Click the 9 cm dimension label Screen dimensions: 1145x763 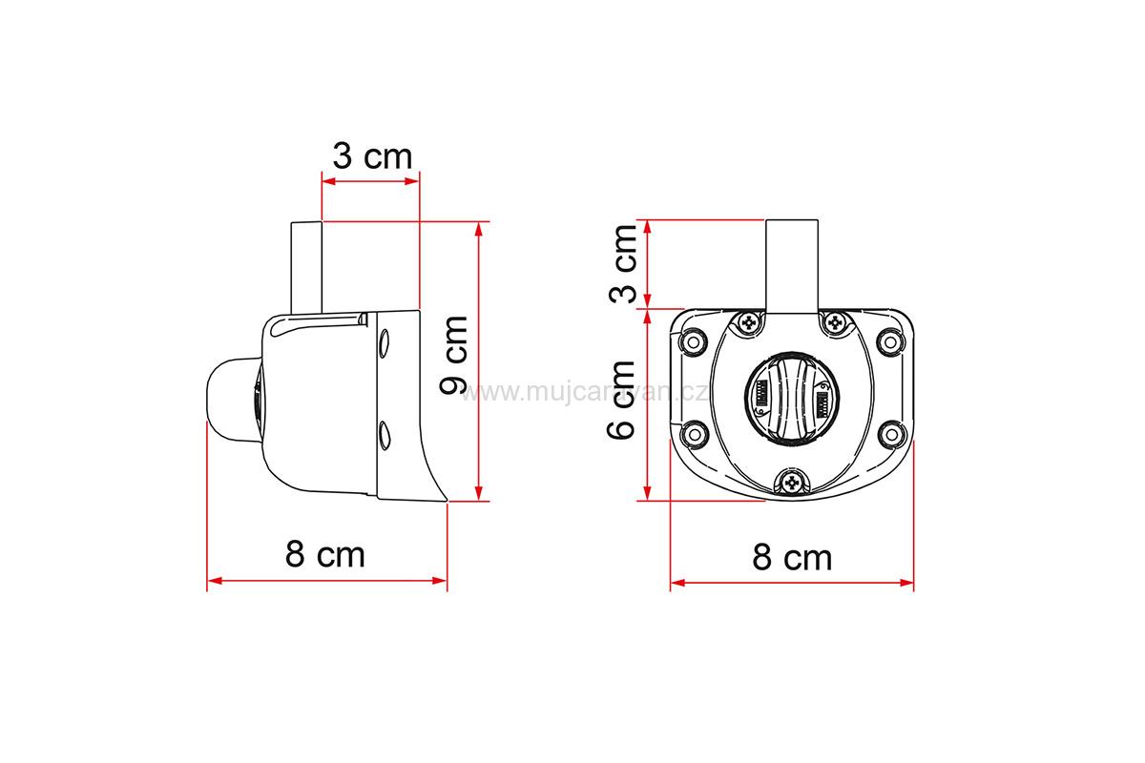(x=453, y=355)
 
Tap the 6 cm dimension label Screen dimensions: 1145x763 (x=620, y=401)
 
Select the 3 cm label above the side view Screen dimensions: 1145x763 (x=372, y=155)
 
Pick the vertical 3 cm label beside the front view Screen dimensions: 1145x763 (x=623, y=263)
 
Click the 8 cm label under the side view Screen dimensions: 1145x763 (x=325, y=554)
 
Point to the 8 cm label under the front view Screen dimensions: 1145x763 (x=792, y=557)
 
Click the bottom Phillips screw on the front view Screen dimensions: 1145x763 (x=792, y=482)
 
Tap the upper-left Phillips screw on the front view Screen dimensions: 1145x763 (x=749, y=322)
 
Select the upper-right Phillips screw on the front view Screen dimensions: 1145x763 (x=835, y=322)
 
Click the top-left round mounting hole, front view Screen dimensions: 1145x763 (x=693, y=341)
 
